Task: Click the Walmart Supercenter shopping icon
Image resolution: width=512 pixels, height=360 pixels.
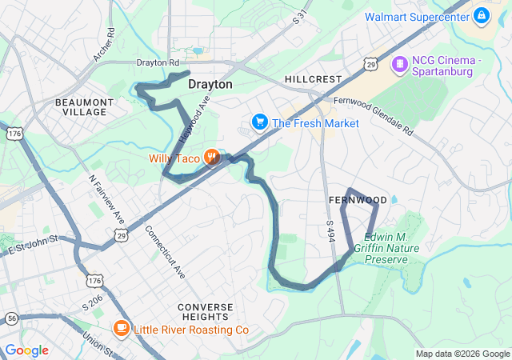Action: [481, 15]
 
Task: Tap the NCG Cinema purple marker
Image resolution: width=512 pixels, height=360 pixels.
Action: [398, 62]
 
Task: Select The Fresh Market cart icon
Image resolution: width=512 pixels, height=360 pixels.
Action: [259, 122]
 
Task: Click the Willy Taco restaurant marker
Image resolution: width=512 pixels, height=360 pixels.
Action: [212, 158]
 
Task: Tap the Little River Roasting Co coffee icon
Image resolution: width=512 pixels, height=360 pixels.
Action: [121, 329]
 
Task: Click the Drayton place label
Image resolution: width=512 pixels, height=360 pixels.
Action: [210, 84]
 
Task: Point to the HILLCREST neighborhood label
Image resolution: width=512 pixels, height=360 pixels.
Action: [313, 79]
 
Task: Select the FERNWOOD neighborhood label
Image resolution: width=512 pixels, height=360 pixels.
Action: [358, 199]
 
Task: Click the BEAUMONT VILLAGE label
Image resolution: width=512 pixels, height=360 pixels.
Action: [84, 107]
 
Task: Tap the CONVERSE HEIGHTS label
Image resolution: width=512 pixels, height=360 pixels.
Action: [206, 312]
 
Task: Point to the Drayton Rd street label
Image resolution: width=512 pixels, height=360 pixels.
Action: [158, 62]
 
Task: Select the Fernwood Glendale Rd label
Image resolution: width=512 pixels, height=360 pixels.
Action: [374, 114]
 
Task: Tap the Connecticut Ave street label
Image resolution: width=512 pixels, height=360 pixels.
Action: [165, 252]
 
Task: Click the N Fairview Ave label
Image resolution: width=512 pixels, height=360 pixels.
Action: [106, 199]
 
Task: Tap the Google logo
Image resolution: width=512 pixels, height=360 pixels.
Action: [27, 350]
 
